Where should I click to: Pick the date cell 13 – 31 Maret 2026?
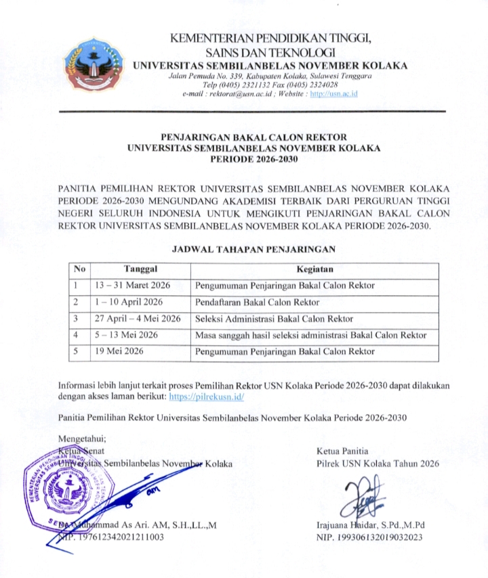point(133,286)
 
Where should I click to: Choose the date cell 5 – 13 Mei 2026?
point(125,335)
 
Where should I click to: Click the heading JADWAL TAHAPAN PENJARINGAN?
point(256,249)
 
